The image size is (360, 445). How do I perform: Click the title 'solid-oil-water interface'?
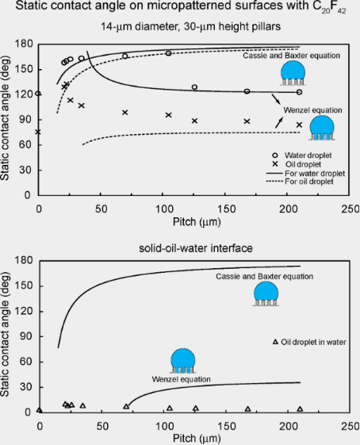coord(196,248)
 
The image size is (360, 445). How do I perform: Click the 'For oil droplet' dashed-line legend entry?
coord(300,182)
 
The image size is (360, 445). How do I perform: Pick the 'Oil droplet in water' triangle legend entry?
coord(309,342)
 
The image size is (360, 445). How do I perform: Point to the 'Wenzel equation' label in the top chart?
coord(312,110)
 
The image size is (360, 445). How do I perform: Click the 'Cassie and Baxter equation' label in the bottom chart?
coord(264,276)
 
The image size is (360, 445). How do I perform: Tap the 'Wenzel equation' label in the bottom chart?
coord(181,379)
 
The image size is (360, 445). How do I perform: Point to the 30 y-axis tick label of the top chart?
coord(28,171)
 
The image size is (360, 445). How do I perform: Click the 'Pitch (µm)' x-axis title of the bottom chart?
coord(197,438)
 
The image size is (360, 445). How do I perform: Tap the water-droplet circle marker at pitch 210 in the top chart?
coord(299,92)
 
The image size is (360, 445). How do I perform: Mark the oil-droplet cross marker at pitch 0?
coord(38,132)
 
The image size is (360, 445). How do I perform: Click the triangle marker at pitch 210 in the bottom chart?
coord(300,409)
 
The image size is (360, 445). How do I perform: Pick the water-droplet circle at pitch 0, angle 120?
coord(38,94)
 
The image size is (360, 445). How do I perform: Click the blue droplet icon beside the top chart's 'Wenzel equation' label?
coord(322,128)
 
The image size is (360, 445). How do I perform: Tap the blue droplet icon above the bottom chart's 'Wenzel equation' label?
coord(183,361)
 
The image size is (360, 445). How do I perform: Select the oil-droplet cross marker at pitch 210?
coord(299,125)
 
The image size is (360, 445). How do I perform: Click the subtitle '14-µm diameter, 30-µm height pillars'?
coord(191,27)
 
